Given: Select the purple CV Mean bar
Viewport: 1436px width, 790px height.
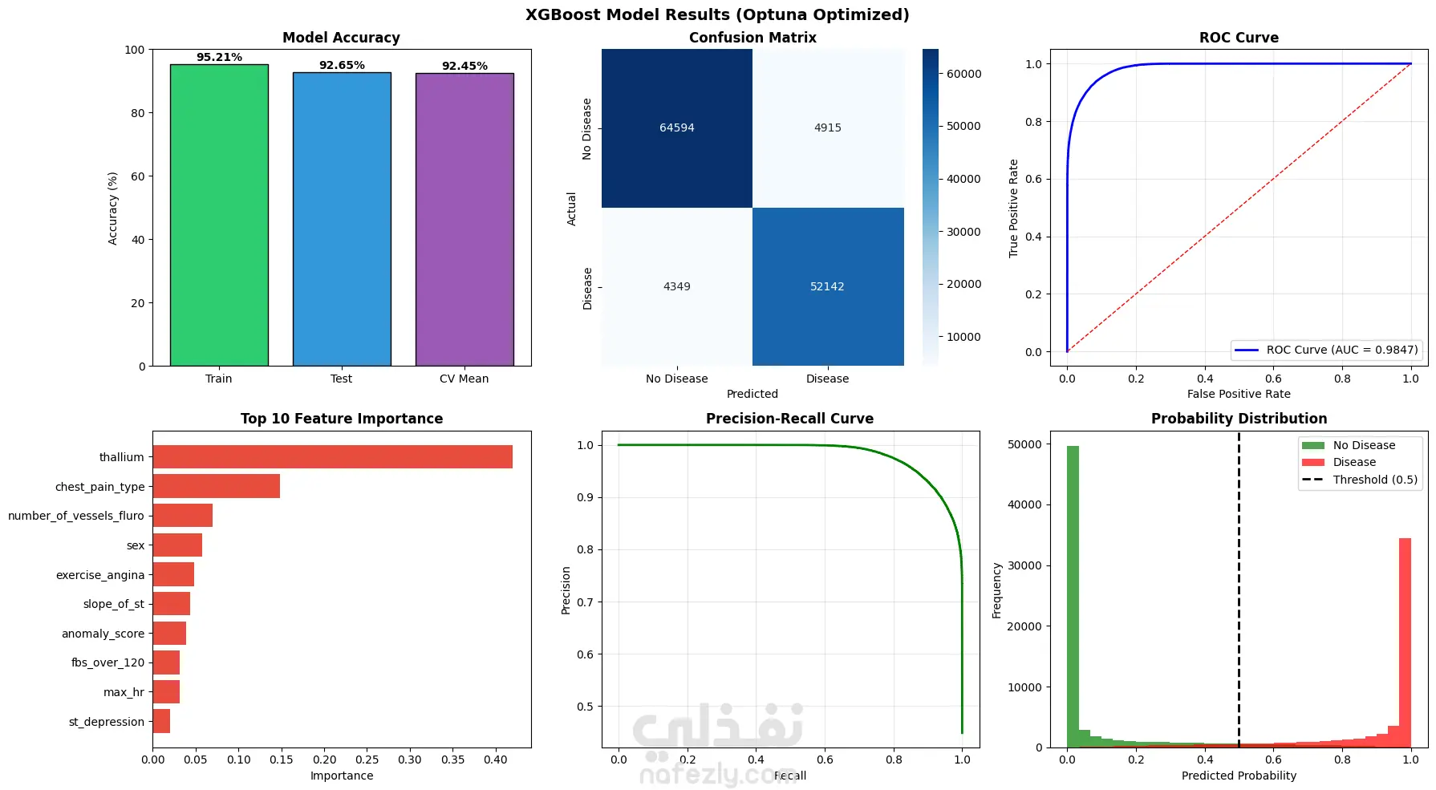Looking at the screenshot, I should click(464, 220).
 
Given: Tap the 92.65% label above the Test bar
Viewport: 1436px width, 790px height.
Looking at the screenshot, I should click(342, 65).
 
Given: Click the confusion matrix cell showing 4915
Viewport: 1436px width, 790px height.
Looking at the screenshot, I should click(828, 128).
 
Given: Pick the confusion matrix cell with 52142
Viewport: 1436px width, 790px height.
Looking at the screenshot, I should click(827, 286).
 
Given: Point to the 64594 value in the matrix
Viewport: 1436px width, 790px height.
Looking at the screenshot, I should click(677, 128).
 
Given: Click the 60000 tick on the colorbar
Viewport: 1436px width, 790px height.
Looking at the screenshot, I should click(963, 74).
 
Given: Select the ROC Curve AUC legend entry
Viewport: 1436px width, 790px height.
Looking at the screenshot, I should click(1325, 350).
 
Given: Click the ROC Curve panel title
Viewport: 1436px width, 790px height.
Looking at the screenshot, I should click(1239, 38).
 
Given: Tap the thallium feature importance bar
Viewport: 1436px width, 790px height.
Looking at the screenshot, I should click(332, 457).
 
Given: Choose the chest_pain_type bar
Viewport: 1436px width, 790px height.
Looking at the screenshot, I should click(216, 486).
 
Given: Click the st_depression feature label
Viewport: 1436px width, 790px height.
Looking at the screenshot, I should click(107, 722).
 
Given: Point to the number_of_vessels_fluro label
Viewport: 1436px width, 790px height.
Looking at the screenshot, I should click(76, 516).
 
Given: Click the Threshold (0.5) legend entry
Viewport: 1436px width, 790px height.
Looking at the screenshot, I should click(1360, 480).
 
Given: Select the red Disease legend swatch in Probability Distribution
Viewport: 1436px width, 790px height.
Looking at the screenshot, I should click(1313, 462).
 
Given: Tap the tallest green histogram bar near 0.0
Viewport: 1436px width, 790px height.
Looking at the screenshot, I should click(1073, 597).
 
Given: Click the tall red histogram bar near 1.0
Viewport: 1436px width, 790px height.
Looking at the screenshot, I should click(1405, 642).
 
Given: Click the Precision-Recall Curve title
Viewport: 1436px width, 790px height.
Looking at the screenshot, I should click(789, 419).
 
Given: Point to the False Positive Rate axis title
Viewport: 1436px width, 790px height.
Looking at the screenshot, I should click(1239, 394).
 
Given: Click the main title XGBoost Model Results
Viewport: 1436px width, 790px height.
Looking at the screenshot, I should click(717, 15).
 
